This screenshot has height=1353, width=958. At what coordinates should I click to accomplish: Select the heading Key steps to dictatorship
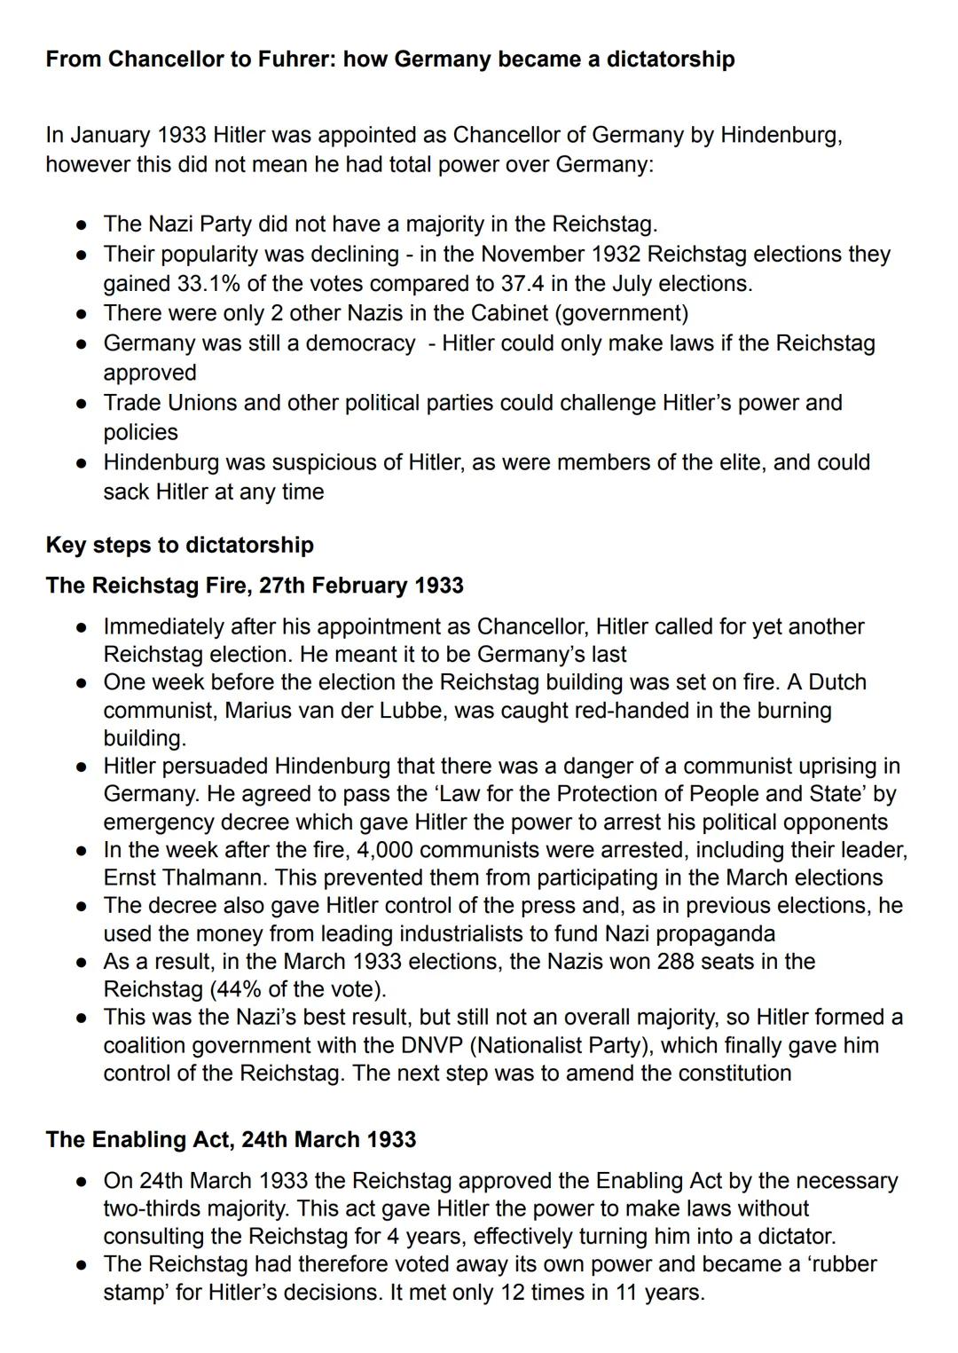point(179,545)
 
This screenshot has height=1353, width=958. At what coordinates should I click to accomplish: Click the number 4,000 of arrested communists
point(385,850)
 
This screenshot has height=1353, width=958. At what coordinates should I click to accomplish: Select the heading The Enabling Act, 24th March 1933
point(231,1140)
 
